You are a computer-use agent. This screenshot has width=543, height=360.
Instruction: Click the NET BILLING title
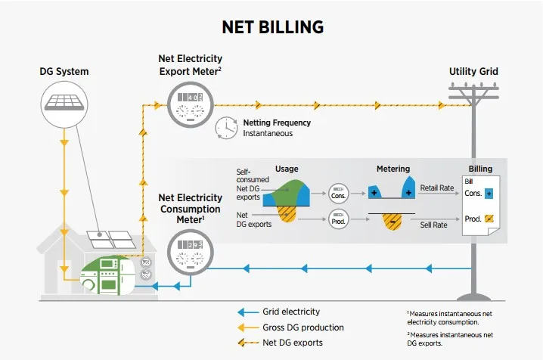272,27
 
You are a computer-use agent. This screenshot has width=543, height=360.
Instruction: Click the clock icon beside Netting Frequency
226,128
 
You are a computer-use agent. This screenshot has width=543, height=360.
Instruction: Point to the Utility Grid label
473,72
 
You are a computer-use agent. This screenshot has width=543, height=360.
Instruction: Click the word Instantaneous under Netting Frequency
268,133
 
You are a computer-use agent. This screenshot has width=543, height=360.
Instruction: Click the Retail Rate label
437,188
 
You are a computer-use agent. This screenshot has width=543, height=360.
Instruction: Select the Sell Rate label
436,225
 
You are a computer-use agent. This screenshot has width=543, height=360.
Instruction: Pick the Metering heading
393,169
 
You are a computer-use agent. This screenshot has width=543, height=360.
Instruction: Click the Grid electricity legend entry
290,312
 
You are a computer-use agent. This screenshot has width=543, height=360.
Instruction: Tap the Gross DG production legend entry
303,327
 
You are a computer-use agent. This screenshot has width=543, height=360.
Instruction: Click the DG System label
64,72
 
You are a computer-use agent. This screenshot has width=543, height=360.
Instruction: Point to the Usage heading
287,169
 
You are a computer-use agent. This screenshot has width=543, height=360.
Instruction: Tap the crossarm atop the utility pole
473,92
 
